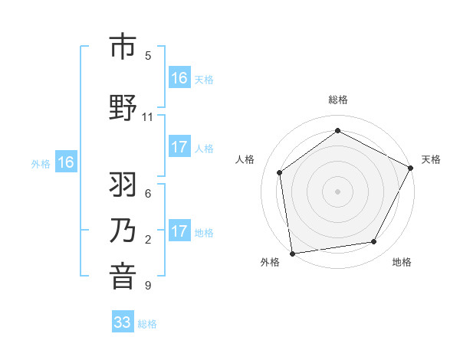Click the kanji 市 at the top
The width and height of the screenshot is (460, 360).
123,47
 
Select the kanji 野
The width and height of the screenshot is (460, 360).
123,108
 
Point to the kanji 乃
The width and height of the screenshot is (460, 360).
123,232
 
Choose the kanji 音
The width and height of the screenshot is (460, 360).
123,277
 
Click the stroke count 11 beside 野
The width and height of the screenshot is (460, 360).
147,117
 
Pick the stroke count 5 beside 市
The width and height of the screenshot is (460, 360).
148,56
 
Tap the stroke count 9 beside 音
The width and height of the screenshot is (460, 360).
148,286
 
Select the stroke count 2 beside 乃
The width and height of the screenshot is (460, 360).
148,240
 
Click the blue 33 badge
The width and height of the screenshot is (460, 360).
123,322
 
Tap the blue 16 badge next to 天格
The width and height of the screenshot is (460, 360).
179,78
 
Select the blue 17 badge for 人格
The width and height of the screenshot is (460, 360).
179,147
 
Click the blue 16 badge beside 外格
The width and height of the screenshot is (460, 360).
65,162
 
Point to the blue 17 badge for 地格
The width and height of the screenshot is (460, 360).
179,231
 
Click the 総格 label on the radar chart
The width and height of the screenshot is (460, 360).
338,100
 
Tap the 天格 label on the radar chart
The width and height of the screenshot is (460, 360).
431,159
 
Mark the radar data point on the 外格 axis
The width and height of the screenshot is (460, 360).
292,253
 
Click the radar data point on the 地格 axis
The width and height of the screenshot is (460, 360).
374,242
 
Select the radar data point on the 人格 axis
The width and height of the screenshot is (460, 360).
280,172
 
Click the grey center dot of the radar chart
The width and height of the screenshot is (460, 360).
338,191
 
